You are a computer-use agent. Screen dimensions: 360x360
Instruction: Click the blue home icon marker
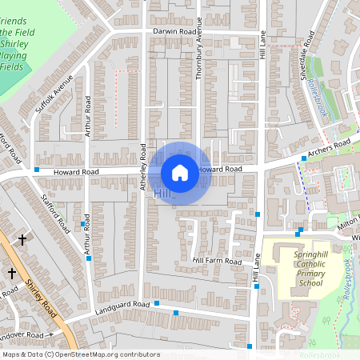tap(180, 173)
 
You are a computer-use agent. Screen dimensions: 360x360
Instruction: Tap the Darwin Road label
tap(175, 32)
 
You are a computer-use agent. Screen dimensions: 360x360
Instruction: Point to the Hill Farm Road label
tap(217, 261)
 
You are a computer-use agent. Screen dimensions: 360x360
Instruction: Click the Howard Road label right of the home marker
tap(220, 170)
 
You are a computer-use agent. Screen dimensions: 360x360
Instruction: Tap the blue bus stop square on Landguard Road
tap(157, 303)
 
